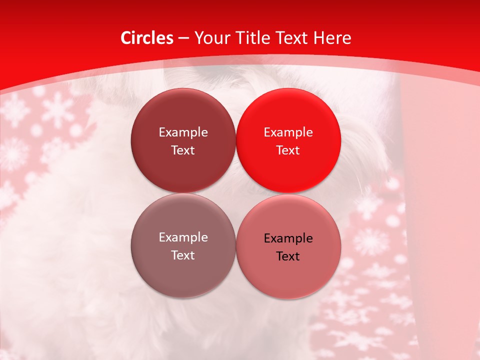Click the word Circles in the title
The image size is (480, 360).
(146, 38)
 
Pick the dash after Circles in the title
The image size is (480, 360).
(183, 38)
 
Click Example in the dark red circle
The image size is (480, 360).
(183, 132)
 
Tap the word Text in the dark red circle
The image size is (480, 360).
(183, 150)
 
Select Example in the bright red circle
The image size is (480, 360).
(288, 132)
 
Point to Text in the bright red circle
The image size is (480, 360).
(288, 150)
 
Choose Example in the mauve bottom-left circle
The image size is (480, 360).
(183, 237)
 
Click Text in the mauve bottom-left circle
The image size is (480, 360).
(183, 255)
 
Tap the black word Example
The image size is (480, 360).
(288, 238)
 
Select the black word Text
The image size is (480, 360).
(288, 256)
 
